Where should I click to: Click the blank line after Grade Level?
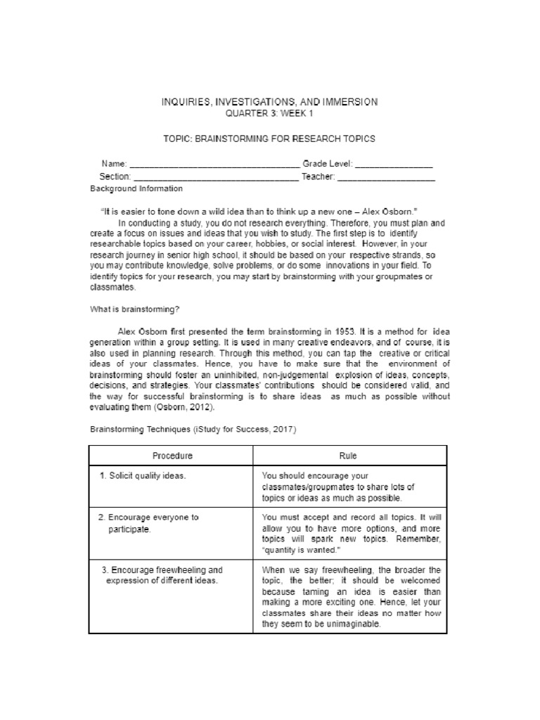(394, 165)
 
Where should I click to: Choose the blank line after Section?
(215, 177)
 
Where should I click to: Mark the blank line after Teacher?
(386, 177)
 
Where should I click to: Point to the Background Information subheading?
(136, 188)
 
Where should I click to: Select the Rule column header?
(347, 456)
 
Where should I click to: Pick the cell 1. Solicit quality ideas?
(143, 476)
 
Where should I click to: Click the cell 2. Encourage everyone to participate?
(148, 523)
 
